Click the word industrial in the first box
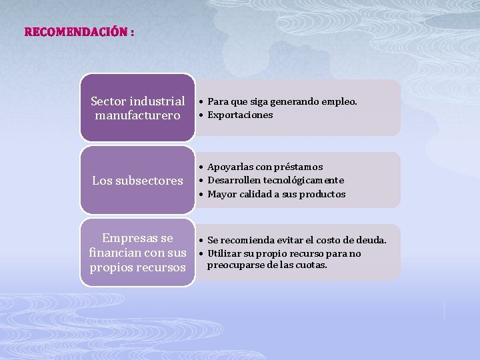tap(157, 101)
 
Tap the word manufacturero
tap(137, 116)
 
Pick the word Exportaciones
tap(240, 115)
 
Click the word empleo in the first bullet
tap(339, 102)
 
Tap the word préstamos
tap(298, 167)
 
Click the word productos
tap(323, 195)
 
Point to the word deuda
tap(372, 240)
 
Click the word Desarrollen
tap(233, 181)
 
